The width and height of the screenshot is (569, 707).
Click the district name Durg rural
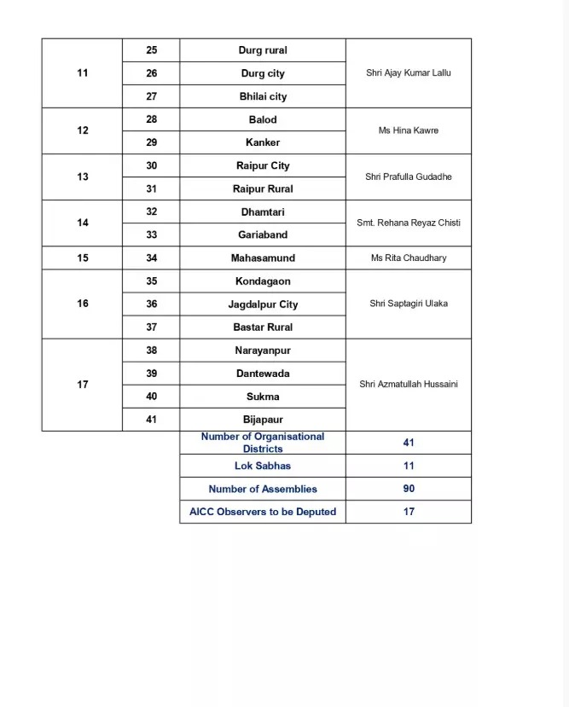(x=263, y=50)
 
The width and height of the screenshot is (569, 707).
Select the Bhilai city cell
(x=263, y=96)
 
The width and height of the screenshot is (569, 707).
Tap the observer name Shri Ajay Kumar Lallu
(x=409, y=73)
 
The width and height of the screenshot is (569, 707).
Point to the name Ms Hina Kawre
(x=409, y=130)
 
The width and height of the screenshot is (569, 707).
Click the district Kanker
(x=263, y=142)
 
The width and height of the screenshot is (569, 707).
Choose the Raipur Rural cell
(x=263, y=188)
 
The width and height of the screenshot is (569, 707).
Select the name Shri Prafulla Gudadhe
(x=409, y=177)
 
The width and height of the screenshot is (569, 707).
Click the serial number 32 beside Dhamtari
(x=151, y=212)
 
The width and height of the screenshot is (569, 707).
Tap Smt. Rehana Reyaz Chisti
(x=409, y=223)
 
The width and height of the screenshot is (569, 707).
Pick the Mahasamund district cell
(x=263, y=258)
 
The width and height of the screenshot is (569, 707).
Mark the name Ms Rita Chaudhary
(x=409, y=258)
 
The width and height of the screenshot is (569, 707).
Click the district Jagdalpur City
(x=263, y=304)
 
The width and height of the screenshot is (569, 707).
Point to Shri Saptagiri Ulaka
(x=409, y=304)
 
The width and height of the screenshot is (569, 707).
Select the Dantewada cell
(x=263, y=374)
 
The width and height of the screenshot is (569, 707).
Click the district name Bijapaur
(x=263, y=420)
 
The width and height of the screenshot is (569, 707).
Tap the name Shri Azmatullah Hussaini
(x=409, y=384)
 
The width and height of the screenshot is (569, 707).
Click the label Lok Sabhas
(x=263, y=466)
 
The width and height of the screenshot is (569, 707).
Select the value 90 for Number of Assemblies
(x=409, y=489)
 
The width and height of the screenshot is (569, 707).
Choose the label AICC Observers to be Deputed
(x=263, y=512)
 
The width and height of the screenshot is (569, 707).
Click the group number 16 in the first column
(x=83, y=304)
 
